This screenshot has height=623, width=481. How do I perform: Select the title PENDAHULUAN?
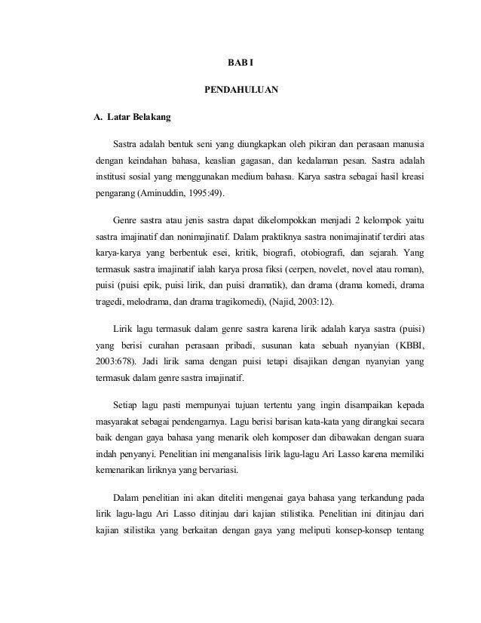pos(241,92)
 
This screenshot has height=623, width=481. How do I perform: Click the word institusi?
pos(106,176)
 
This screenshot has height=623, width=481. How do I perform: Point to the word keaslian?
pos(241,160)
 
